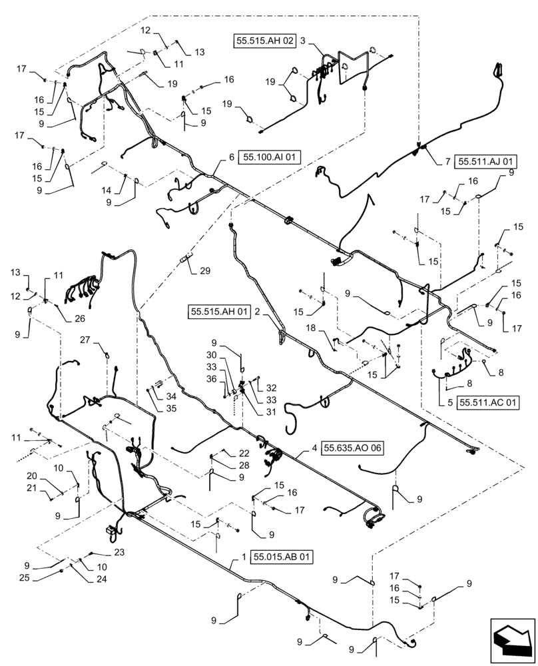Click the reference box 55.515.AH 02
pyautogui.click(x=264, y=41)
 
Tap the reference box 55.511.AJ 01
pyautogui.click(x=479, y=161)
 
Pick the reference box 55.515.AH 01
pyautogui.click(x=219, y=310)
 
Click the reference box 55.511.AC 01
pyautogui.click(x=488, y=402)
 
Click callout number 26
pyautogui.click(x=79, y=318)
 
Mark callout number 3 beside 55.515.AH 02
pyautogui.click(x=302, y=41)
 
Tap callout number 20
pyautogui.click(x=31, y=476)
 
